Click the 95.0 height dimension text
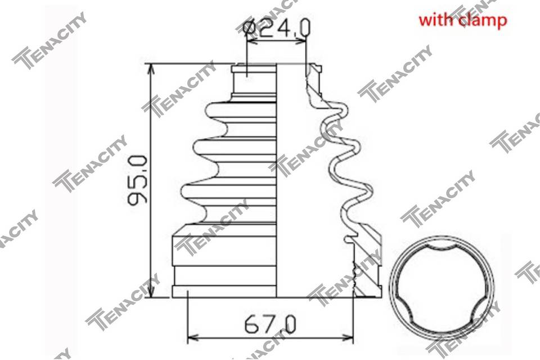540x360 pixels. coord(137,179)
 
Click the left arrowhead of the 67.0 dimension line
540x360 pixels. coord(193,336)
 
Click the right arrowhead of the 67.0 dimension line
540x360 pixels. coord(346,336)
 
